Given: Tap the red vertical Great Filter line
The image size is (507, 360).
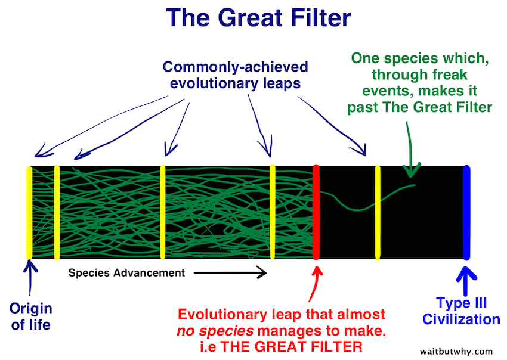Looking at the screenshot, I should [316, 212].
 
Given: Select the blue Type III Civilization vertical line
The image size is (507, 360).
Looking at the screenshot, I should [466, 212].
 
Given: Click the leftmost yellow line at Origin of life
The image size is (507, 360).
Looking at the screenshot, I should [29, 212].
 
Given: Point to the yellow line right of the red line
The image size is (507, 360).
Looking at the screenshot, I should [378, 212].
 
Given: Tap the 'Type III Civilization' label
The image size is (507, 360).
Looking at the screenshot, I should [461, 311].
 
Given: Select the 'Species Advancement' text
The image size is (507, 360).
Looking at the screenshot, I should [126, 274].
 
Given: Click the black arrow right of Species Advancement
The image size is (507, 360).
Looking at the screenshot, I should [230, 274].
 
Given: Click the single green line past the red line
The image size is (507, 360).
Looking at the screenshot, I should [358, 206].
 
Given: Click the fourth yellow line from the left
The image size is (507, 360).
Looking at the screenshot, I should [273, 212].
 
